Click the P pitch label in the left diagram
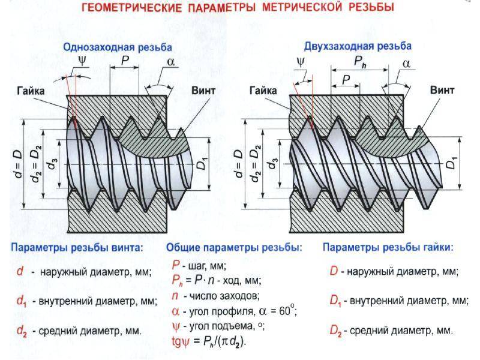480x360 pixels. pos(125,61)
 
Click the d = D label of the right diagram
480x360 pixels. pos(241,162)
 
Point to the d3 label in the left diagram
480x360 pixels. pos(56,162)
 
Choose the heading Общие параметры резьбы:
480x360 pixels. pos(233,247)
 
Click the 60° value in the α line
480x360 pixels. pos(287,311)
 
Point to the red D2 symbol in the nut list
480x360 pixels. pos(335,330)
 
